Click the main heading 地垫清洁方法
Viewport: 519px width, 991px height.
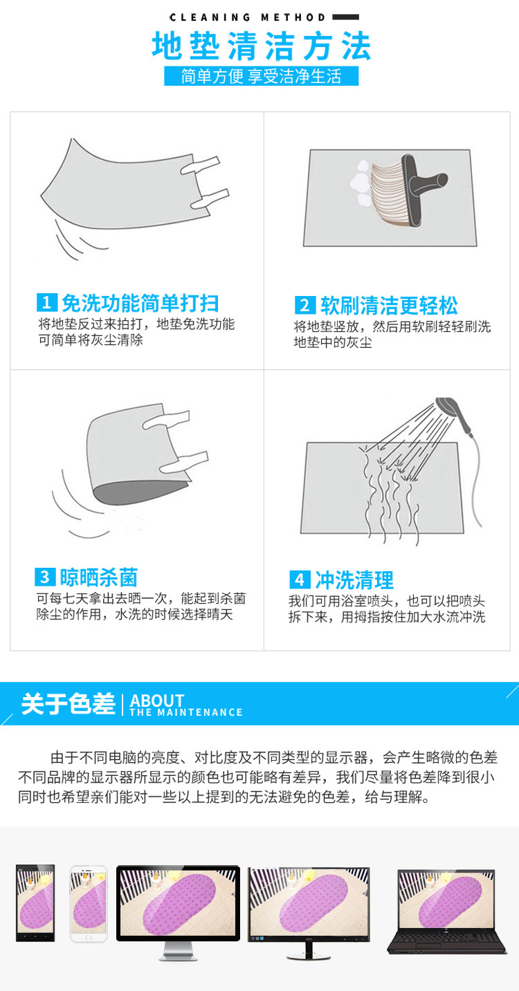click(x=262, y=46)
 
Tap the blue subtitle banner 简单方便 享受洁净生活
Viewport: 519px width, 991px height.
click(x=262, y=76)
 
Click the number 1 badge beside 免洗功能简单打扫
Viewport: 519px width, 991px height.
click(x=46, y=303)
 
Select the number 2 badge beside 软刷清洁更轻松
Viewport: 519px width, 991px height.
click(x=304, y=305)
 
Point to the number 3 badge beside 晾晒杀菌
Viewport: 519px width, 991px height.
click(x=45, y=577)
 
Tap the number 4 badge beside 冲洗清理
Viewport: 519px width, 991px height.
click(x=299, y=580)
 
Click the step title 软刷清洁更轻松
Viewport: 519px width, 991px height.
click(x=389, y=306)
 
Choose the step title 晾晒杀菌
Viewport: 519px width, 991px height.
click(x=99, y=577)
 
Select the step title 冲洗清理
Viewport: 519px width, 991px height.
click(x=354, y=580)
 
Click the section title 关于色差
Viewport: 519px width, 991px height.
click(x=68, y=704)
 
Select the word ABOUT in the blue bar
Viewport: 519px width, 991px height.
click(x=157, y=700)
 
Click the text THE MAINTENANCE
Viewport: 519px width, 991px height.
click(x=186, y=712)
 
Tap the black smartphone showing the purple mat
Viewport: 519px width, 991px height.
click(x=35, y=902)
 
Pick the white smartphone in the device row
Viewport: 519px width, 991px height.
click(x=88, y=903)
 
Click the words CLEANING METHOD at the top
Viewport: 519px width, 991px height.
click(x=247, y=17)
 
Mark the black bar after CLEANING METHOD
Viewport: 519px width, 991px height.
click(x=345, y=17)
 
